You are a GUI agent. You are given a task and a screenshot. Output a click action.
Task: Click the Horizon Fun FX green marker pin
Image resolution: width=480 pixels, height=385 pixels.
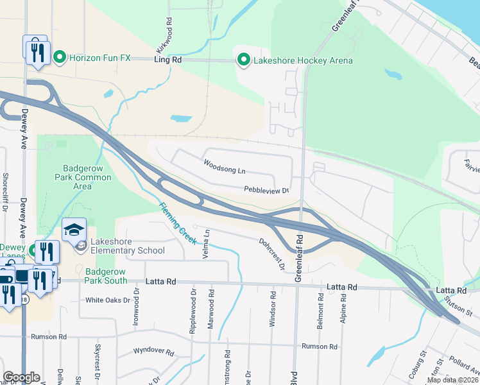[x=60, y=58]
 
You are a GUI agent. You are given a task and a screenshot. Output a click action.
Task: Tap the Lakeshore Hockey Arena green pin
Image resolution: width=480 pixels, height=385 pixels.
[x=244, y=61]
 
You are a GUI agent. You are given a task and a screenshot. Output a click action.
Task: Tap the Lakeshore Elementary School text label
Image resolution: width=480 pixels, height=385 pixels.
[x=127, y=246]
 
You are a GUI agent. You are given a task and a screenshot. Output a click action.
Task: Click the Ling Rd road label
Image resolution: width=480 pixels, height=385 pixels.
[x=168, y=59]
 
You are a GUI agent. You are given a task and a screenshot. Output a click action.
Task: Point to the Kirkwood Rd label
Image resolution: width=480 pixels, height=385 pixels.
[x=164, y=36]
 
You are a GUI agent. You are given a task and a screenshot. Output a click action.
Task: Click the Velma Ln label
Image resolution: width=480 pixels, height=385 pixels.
[x=207, y=241]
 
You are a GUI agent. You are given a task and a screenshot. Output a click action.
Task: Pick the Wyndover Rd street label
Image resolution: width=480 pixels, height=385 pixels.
[x=153, y=352]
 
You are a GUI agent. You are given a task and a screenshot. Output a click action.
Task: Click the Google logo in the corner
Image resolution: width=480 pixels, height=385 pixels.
[x=21, y=377]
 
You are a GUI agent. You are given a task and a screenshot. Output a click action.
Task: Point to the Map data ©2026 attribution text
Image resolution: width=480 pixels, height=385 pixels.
[x=452, y=380]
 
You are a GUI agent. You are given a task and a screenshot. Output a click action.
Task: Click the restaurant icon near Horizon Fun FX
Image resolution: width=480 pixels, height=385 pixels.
[x=37, y=50]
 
